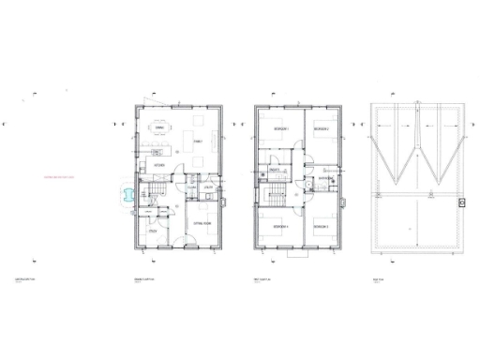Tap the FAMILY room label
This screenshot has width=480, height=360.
[198, 141]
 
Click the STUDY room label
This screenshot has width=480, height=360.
[151, 231]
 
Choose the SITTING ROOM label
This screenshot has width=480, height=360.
[201, 224]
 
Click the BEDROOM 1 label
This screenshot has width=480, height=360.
[280, 128]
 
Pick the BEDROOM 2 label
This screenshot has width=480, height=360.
[321, 128]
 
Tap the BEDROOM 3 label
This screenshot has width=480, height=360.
[321, 226]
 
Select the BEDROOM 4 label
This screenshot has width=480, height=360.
[280, 226]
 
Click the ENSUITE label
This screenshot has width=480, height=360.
[277, 170]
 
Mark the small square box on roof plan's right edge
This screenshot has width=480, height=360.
[461, 202]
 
